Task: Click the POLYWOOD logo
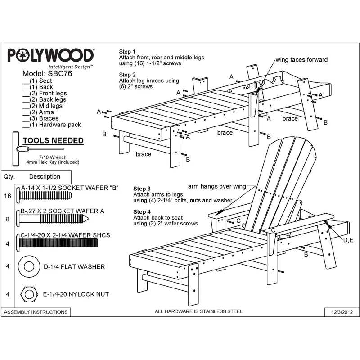coord(51,55)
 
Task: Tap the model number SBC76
coord(60,73)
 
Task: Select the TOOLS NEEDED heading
coord(53,140)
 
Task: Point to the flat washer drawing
coord(29,266)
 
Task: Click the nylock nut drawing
coord(29,294)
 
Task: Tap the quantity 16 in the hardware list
coord(8,196)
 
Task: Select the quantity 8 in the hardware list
coord(8,219)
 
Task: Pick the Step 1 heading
coord(127,52)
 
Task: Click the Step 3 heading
coord(142,189)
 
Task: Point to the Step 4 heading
coord(142,211)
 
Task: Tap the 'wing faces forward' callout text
coord(301,60)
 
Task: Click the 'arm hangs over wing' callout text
coord(217,186)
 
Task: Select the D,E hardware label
coord(348,240)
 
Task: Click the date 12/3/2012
coord(342,312)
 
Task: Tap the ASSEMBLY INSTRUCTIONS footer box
coord(36,312)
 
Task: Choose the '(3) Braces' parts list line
coord(40,118)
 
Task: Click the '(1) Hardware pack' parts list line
coord(52,125)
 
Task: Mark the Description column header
coord(45,176)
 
